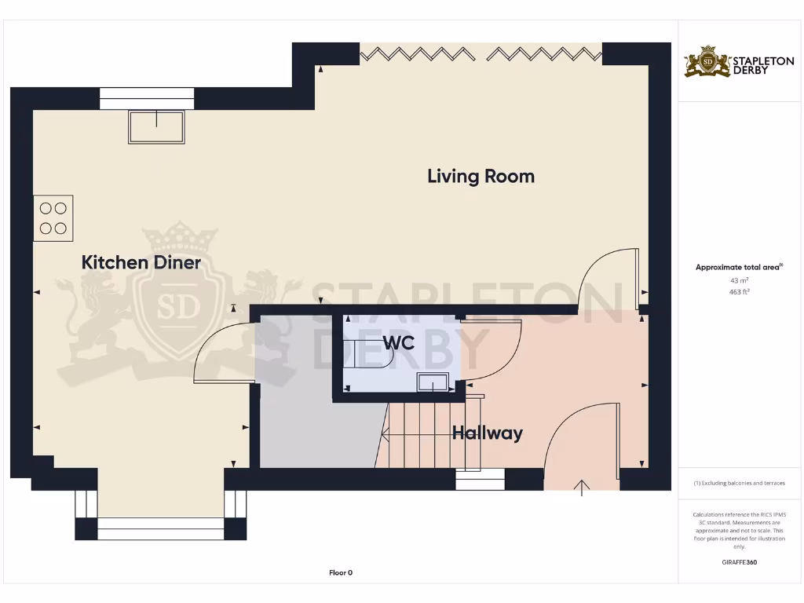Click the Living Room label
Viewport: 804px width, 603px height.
click(481, 176)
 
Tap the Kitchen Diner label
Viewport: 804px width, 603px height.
click(141, 262)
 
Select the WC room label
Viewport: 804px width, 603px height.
click(399, 343)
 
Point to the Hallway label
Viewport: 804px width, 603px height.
click(487, 433)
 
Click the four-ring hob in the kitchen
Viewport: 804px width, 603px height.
click(53, 217)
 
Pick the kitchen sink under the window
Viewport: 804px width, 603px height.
click(156, 126)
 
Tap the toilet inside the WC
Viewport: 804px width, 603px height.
click(369, 354)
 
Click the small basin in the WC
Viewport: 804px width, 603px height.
click(433, 382)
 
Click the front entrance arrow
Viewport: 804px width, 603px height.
click(582, 488)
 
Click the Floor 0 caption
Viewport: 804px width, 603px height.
click(341, 573)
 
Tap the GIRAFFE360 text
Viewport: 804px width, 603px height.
click(739, 562)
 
